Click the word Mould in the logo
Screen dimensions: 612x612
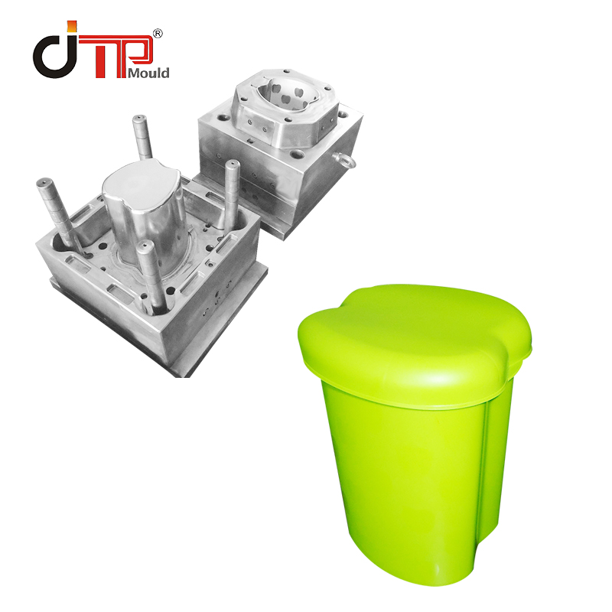pos(150,73)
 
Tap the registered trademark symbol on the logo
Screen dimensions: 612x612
pos(158,34)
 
